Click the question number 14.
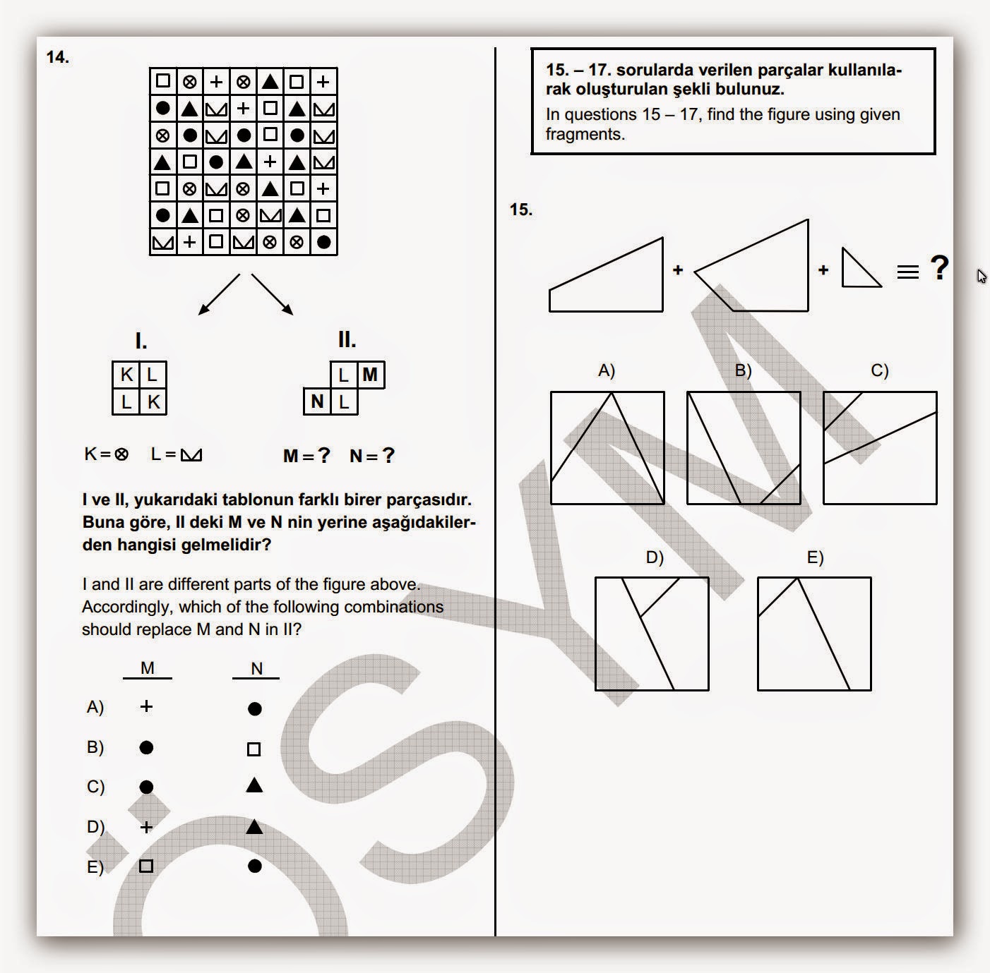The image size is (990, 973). tap(58, 58)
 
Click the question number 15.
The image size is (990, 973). tap(520, 210)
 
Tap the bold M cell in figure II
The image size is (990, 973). tap(371, 375)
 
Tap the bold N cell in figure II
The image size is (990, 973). tap(317, 401)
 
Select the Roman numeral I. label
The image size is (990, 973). tap(141, 342)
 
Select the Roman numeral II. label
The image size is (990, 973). tap(347, 340)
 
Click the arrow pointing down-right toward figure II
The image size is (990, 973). tap(273, 294)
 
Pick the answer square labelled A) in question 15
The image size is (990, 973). tap(607, 448)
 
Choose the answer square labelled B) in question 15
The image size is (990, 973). tap(744, 448)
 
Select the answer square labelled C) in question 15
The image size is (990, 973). tap(880, 448)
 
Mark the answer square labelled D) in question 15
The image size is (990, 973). tap(652, 634)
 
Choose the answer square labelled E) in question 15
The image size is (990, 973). tap(814, 634)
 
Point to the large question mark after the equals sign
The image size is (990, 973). tap(938, 268)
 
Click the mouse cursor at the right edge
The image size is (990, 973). tap(981, 277)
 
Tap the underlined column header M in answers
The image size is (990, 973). tap(148, 668)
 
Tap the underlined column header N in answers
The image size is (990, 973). tap(256, 669)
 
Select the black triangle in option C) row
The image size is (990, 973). tap(254, 785)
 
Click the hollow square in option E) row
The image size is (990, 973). tap(146, 866)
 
